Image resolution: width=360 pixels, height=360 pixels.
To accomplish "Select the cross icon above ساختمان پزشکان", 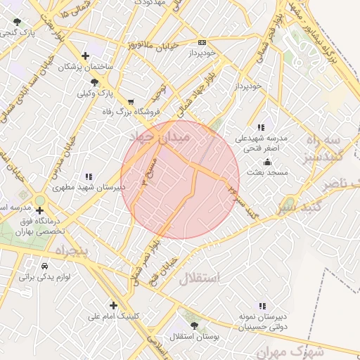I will pos(85,56).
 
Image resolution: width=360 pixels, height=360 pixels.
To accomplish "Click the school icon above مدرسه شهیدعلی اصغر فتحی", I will pos(262,127).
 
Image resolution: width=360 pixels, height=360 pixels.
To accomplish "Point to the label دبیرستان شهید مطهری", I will pos(89,188).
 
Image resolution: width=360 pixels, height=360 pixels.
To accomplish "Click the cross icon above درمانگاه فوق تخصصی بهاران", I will pos(39,210).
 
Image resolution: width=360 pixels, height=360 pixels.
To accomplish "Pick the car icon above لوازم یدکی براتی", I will pos(45,267).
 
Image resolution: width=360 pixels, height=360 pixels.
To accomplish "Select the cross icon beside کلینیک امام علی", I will pos(113,304).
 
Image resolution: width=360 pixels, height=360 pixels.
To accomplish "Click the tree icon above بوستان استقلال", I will pos(194,326).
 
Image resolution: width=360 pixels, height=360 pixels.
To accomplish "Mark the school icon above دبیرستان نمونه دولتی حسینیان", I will pos(262,306).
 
